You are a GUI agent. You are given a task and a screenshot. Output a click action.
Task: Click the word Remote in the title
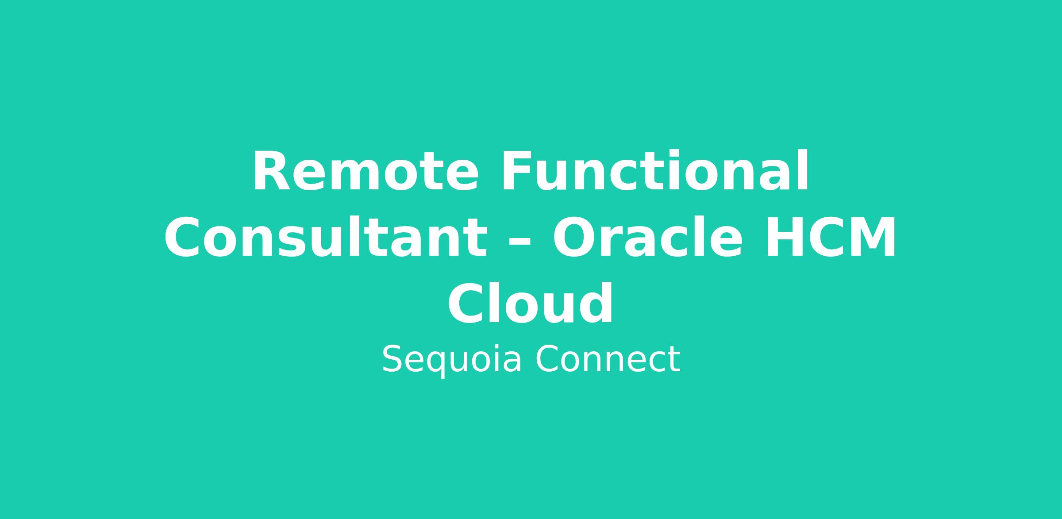tap(366, 172)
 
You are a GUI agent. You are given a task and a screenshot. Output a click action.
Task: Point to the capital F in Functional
tap(516, 172)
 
